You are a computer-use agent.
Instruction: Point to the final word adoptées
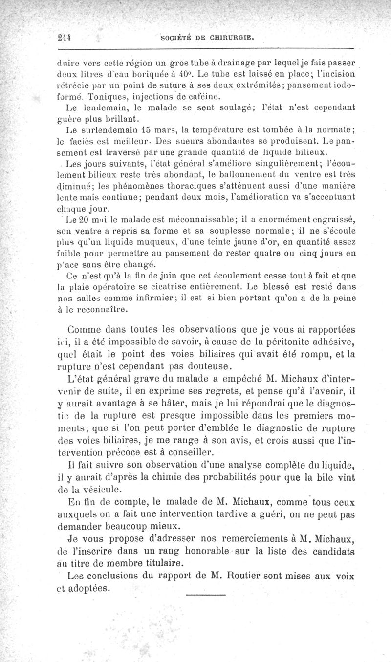[91, 588]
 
